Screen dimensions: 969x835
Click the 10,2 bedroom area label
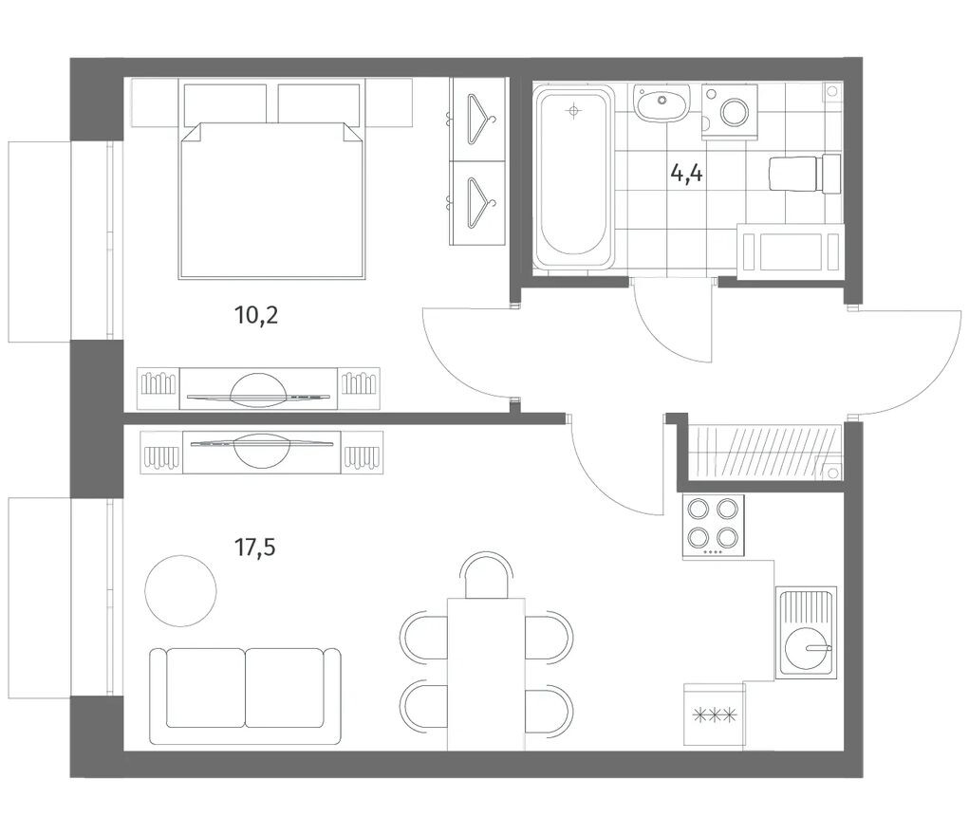tap(256, 316)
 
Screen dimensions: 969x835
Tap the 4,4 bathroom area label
tap(686, 174)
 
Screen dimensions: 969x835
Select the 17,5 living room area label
tap(254, 547)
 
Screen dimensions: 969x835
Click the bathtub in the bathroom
tap(574, 178)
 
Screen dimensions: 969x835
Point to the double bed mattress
tap(271, 199)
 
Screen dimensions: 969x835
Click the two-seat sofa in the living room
tap(245, 696)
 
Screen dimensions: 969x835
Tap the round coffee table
tap(180, 590)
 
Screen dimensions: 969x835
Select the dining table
tap(486, 674)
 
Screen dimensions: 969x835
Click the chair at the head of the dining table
tap(488, 576)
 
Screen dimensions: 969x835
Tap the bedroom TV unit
tap(258, 388)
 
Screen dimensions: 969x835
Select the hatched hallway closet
tap(765, 452)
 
